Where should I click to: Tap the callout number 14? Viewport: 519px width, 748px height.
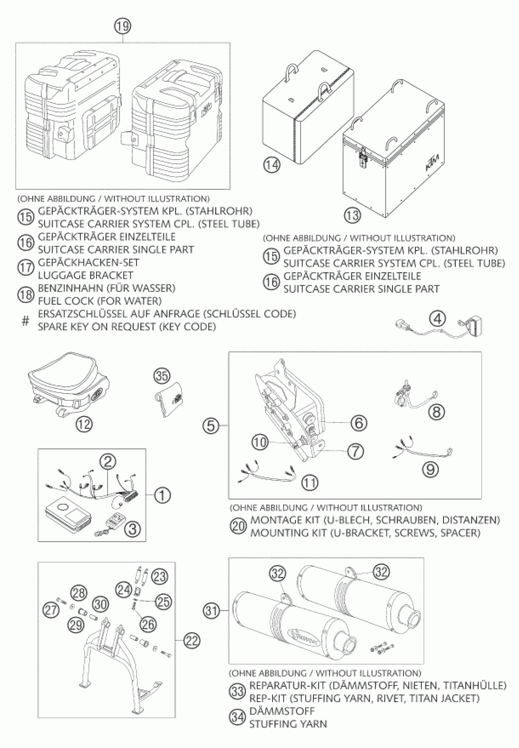pos(271,165)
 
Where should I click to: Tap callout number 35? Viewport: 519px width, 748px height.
pos(162,376)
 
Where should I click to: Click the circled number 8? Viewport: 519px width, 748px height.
pos(436,412)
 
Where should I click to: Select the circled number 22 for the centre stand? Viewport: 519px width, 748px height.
pos(191,640)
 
